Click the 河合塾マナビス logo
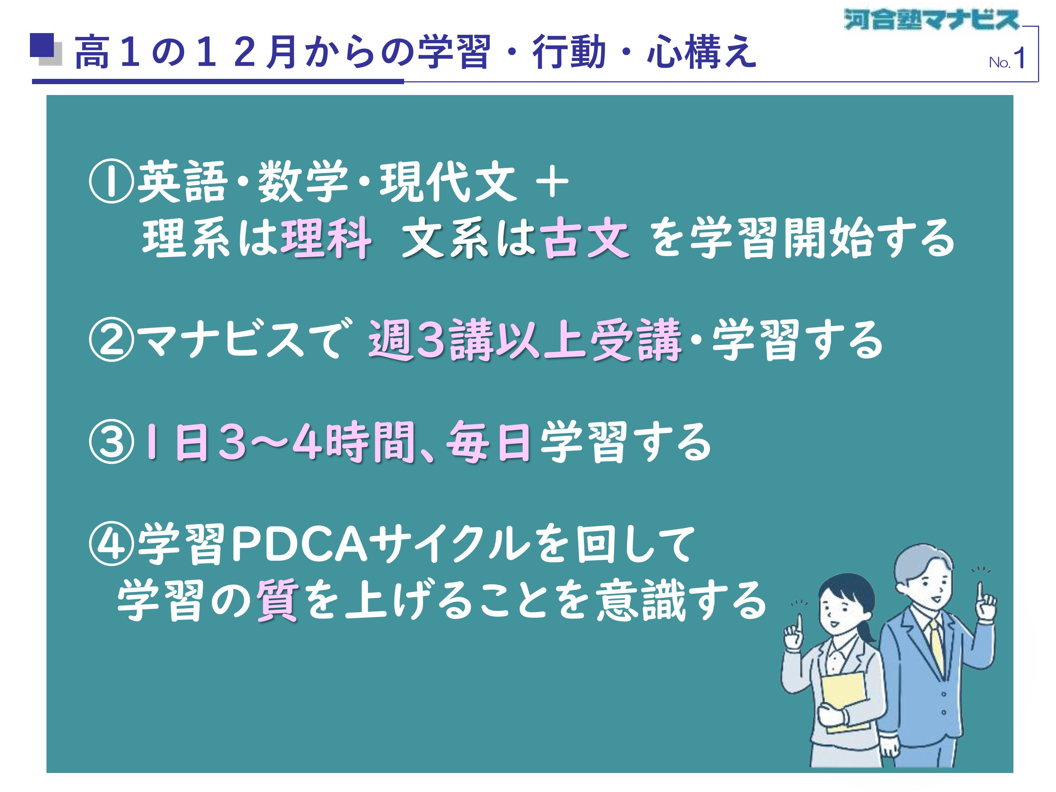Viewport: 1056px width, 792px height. (x=931, y=20)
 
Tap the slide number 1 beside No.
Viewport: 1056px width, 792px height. (x=1019, y=59)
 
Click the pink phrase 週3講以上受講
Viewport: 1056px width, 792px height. (x=525, y=340)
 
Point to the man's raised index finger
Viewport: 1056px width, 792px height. (x=979, y=591)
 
